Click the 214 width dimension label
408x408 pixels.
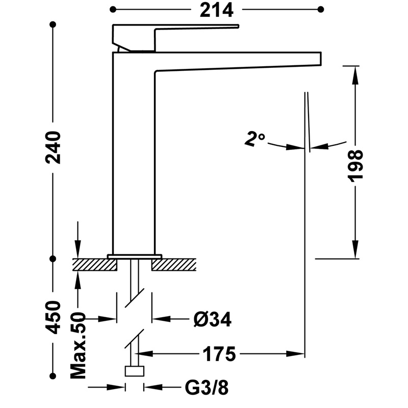(x=216, y=10)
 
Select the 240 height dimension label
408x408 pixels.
(x=53, y=147)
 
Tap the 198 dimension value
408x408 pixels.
(x=355, y=165)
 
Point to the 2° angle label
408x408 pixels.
(x=254, y=138)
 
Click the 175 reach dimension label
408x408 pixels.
(x=220, y=353)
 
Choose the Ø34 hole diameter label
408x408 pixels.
(x=213, y=320)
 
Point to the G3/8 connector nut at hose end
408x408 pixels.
(x=135, y=371)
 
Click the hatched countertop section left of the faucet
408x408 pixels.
(x=95, y=264)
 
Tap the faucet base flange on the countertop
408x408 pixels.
(x=135, y=255)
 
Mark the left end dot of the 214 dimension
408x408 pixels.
(x=113, y=9)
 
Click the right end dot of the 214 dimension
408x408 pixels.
(x=321, y=9)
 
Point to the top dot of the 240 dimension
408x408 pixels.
(x=53, y=24)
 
